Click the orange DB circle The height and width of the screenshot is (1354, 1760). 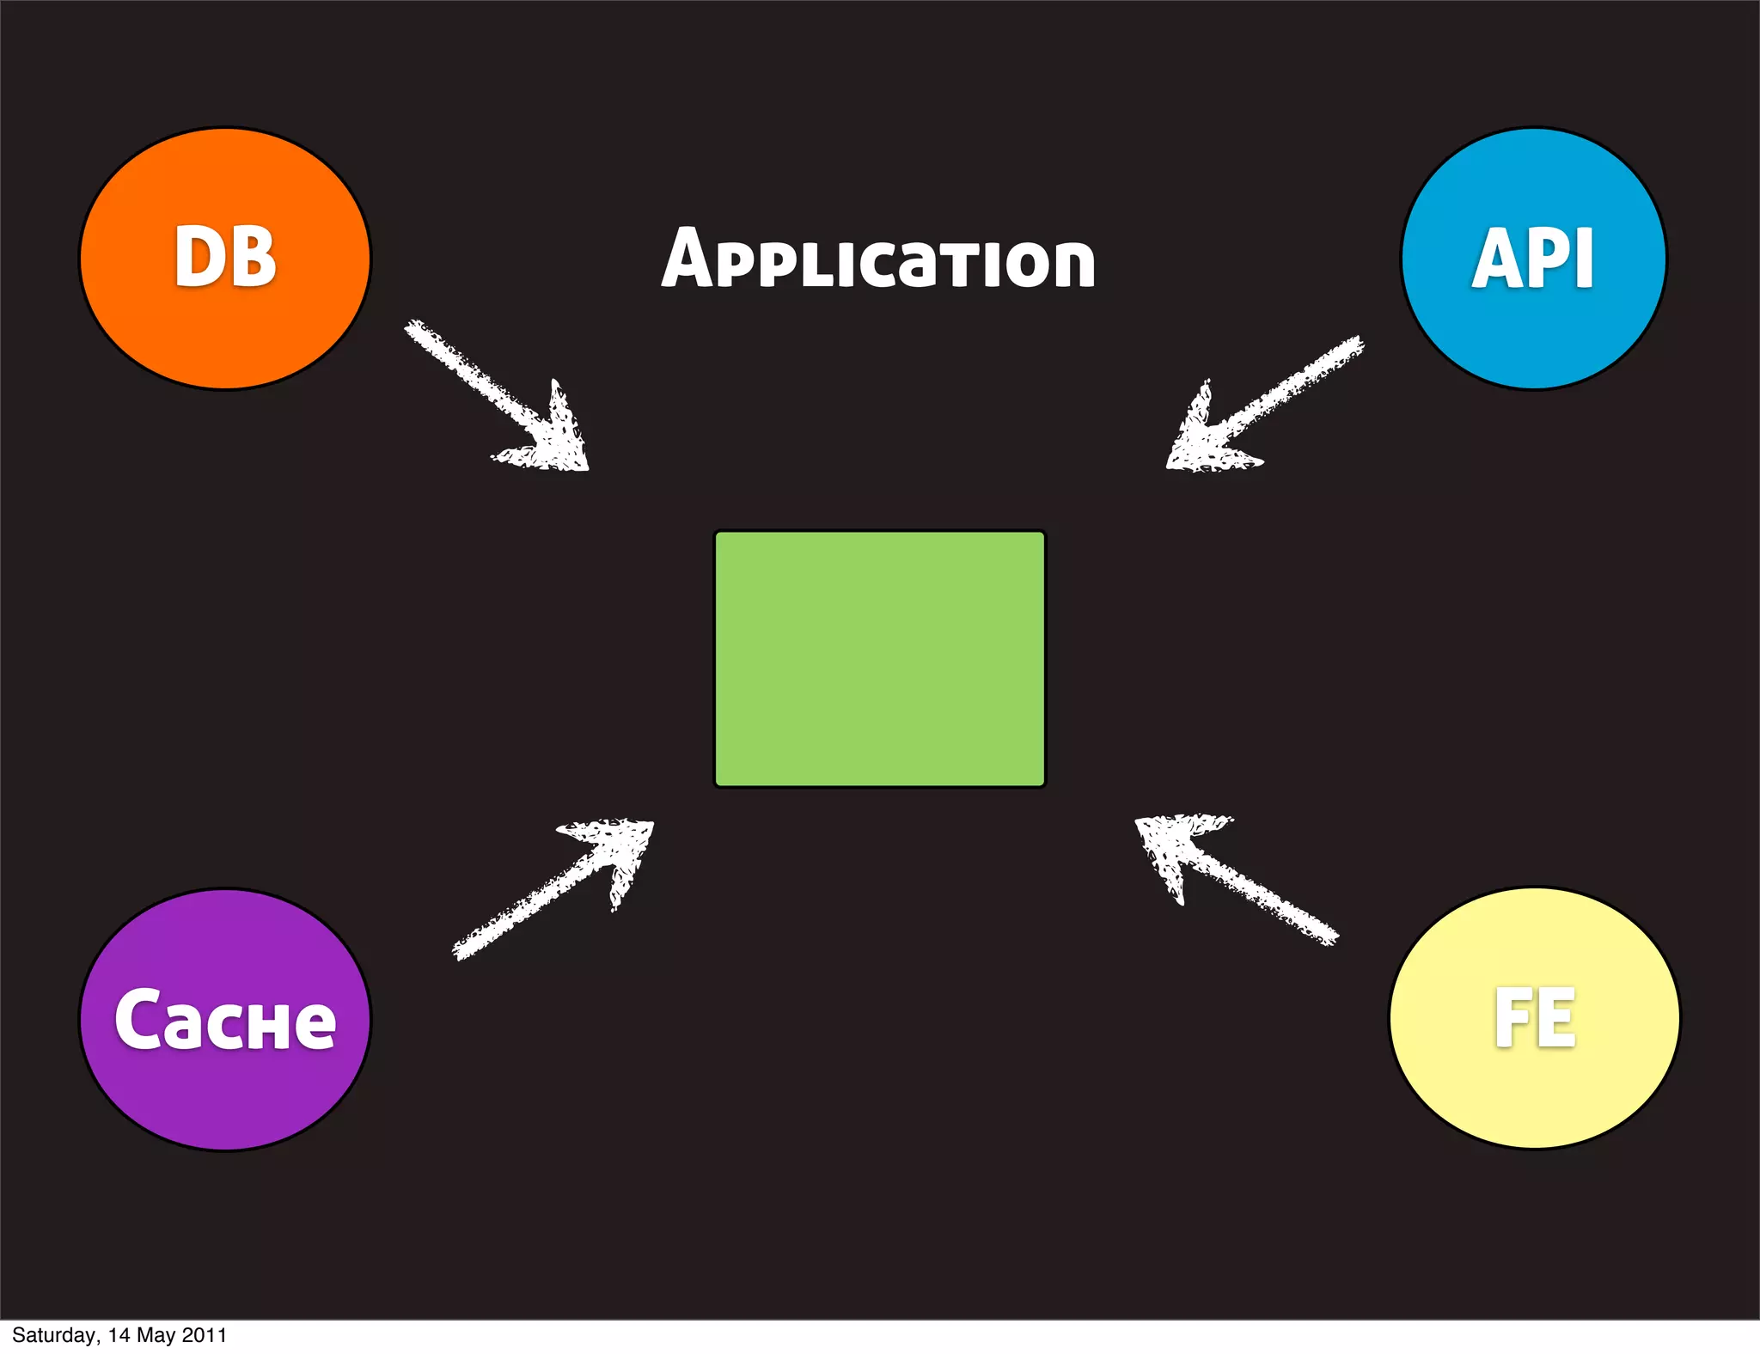(x=225, y=258)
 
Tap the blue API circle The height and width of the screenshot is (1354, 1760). (x=1534, y=258)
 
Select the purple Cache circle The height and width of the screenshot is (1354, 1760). (x=225, y=1020)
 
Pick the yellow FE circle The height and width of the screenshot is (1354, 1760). (x=1535, y=1018)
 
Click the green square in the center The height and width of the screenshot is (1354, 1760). (x=880, y=659)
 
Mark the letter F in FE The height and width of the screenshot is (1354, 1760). (x=1512, y=1018)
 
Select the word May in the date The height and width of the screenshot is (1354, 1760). (x=156, y=1335)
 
